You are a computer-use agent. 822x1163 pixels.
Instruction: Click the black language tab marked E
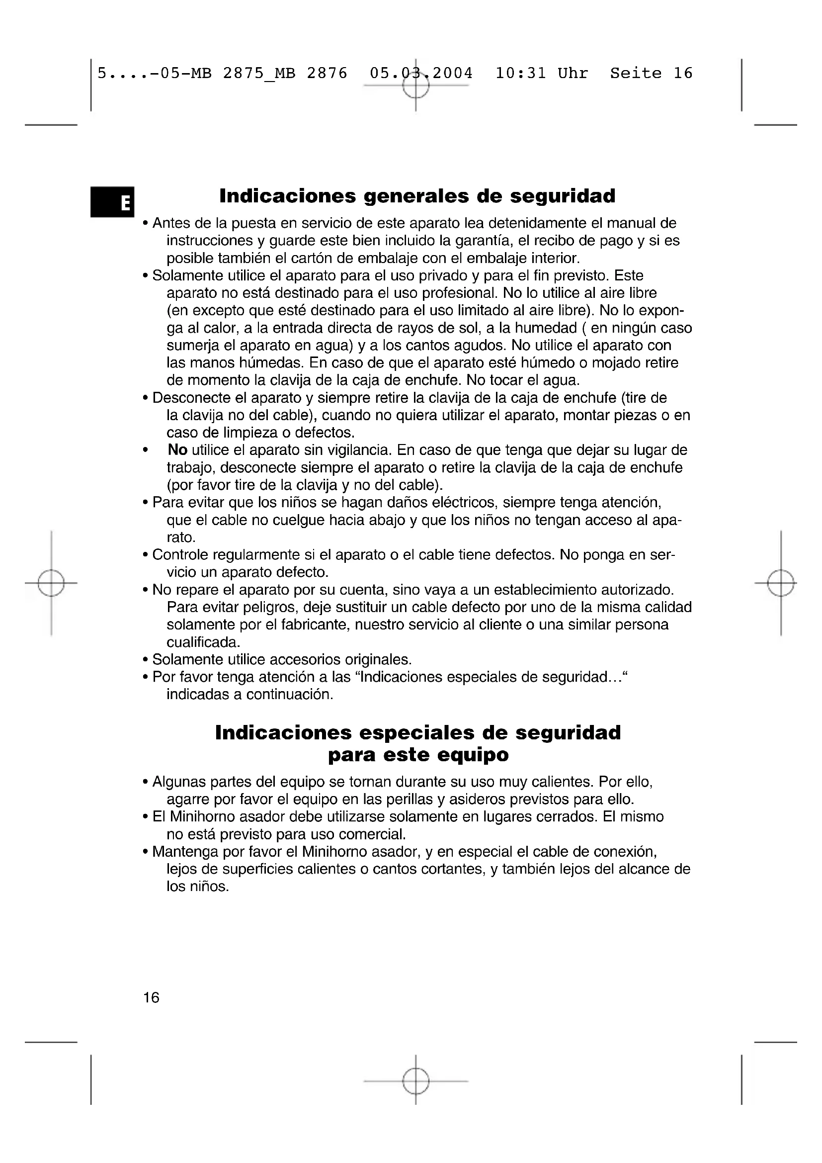tap(112, 202)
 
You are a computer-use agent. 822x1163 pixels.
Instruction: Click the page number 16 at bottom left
tap(151, 997)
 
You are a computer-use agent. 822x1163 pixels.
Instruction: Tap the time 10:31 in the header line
tap(520, 74)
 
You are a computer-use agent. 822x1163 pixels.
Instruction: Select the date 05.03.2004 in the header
tap(421, 74)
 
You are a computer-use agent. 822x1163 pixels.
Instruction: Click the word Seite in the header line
tap(635, 74)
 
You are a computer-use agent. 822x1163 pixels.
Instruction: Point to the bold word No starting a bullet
tap(177, 450)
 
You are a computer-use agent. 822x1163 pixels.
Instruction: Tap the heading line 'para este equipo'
tap(417, 755)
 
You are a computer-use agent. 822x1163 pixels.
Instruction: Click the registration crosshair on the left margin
tap(51, 583)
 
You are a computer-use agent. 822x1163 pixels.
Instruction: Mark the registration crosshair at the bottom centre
tap(415, 1081)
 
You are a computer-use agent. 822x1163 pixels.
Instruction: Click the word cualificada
tap(203, 642)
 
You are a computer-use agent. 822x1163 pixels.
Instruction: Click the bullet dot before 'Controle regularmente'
tap(146, 556)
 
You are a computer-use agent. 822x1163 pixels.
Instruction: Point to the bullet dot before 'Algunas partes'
tap(146, 783)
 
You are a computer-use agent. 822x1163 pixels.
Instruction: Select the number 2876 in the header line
tap(327, 74)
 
